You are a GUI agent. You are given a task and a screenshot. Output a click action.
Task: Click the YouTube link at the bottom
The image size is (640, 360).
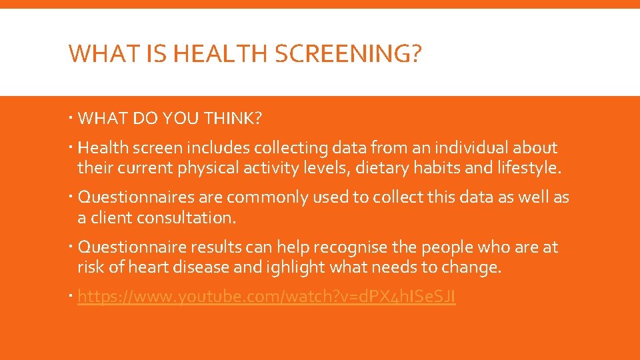267,297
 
